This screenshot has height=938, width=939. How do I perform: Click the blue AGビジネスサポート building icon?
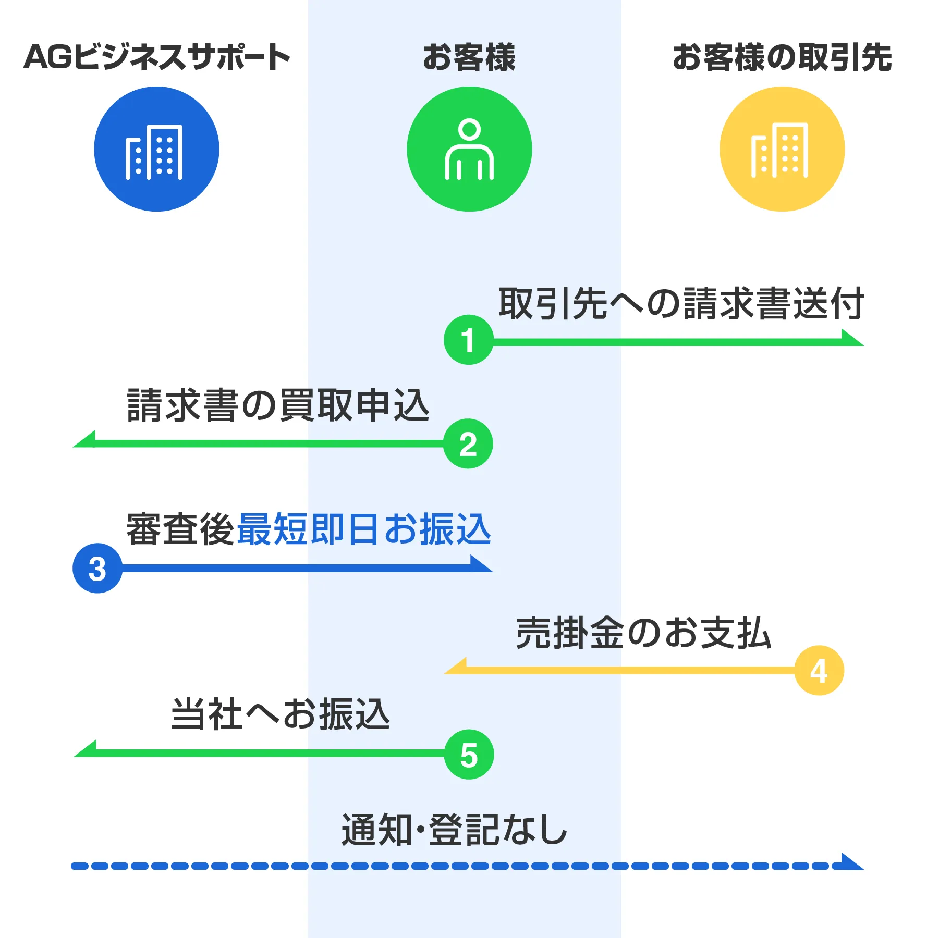tap(156, 149)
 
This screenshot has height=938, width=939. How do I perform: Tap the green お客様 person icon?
tap(469, 149)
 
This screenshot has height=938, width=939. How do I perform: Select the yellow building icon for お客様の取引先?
tap(782, 149)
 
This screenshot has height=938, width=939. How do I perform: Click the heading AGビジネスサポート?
tap(156, 57)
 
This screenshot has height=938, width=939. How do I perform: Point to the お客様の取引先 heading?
tap(782, 57)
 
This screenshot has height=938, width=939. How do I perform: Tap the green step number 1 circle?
tap(468, 340)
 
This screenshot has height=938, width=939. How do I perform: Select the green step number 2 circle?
tap(468, 444)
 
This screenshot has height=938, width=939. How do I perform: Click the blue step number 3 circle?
tap(97, 568)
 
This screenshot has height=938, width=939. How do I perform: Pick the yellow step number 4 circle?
tap(819, 670)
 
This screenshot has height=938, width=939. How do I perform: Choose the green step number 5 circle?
tap(469, 754)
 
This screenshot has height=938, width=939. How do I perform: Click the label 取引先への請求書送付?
tap(681, 303)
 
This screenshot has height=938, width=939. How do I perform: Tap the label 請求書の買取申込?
tap(278, 405)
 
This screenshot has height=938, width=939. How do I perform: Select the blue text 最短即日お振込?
tap(364, 529)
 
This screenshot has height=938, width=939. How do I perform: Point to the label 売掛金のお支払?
tap(643, 633)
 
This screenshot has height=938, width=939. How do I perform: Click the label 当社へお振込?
tap(281, 714)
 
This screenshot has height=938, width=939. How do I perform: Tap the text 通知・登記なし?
tap(454, 830)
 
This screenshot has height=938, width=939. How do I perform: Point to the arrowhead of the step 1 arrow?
tap(851, 338)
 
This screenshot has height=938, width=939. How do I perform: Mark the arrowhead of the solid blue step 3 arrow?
tap(480, 565)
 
